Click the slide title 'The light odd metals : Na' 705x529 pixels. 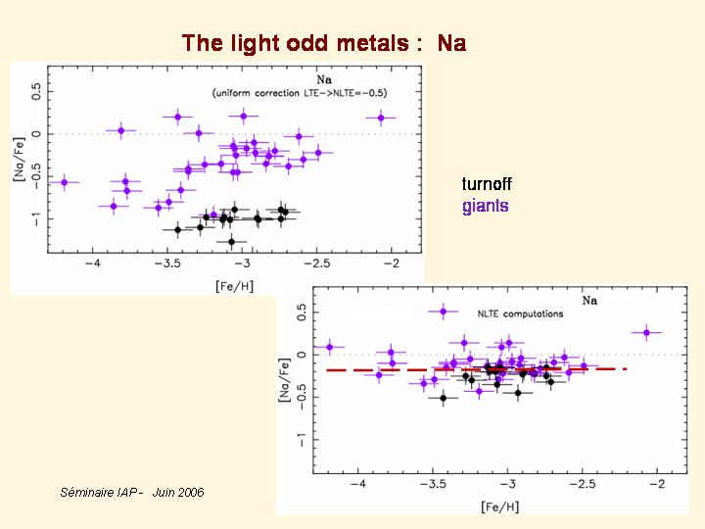pyautogui.click(x=323, y=43)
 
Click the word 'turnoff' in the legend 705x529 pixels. pyautogui.click(x=487, y=184)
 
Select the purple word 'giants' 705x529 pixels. pyautogui.click(x=486, y=206)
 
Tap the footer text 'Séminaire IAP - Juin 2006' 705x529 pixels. pyautogui.click(x=132, y=492)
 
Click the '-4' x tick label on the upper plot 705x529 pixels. pyautogui.click(x=93, y=264)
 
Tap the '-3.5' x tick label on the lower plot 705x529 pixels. pyautogui.click(x=432, y=485)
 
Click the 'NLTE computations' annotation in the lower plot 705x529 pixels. pyautogui.click(x=520, y=314)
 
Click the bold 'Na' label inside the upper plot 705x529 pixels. pyautogui.click(x=322, y=78)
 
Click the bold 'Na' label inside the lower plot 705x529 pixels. pyautogui.click(x=589, y=301)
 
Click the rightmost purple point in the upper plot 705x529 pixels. pyautogui.click(x=381, y=119)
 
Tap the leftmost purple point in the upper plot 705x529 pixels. pyautogui.click(x=65, y=182)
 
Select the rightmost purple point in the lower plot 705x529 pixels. pyautogui.click(x=646, y=333)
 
